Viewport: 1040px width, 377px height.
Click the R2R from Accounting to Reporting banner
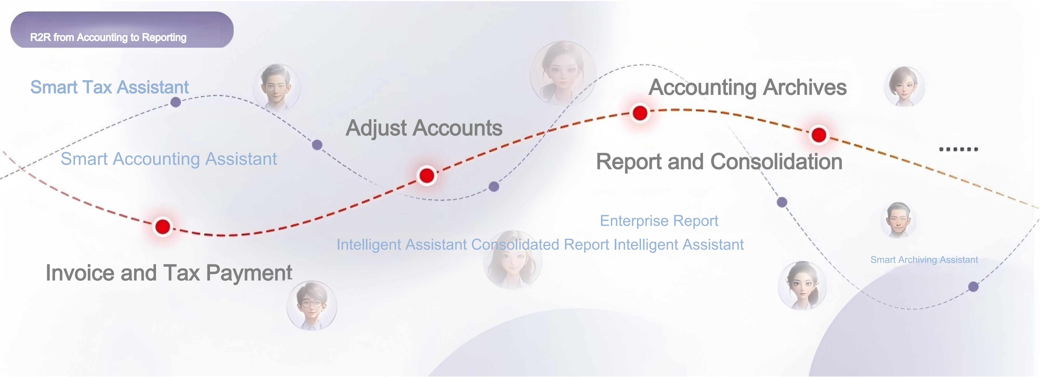coord(122,29)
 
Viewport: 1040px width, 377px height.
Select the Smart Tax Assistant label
coord(109,87)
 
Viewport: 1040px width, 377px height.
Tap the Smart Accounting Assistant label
coord(169,159)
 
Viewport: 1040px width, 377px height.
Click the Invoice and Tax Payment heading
coord(169,273)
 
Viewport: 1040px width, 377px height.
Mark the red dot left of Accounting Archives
coord(640,113)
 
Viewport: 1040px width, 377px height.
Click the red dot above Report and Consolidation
coord(819,135)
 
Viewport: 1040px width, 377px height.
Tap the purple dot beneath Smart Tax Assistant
coord(176,102)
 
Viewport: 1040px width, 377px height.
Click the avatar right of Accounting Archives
coord(904,87)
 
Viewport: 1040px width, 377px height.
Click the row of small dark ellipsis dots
coord(958,149)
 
